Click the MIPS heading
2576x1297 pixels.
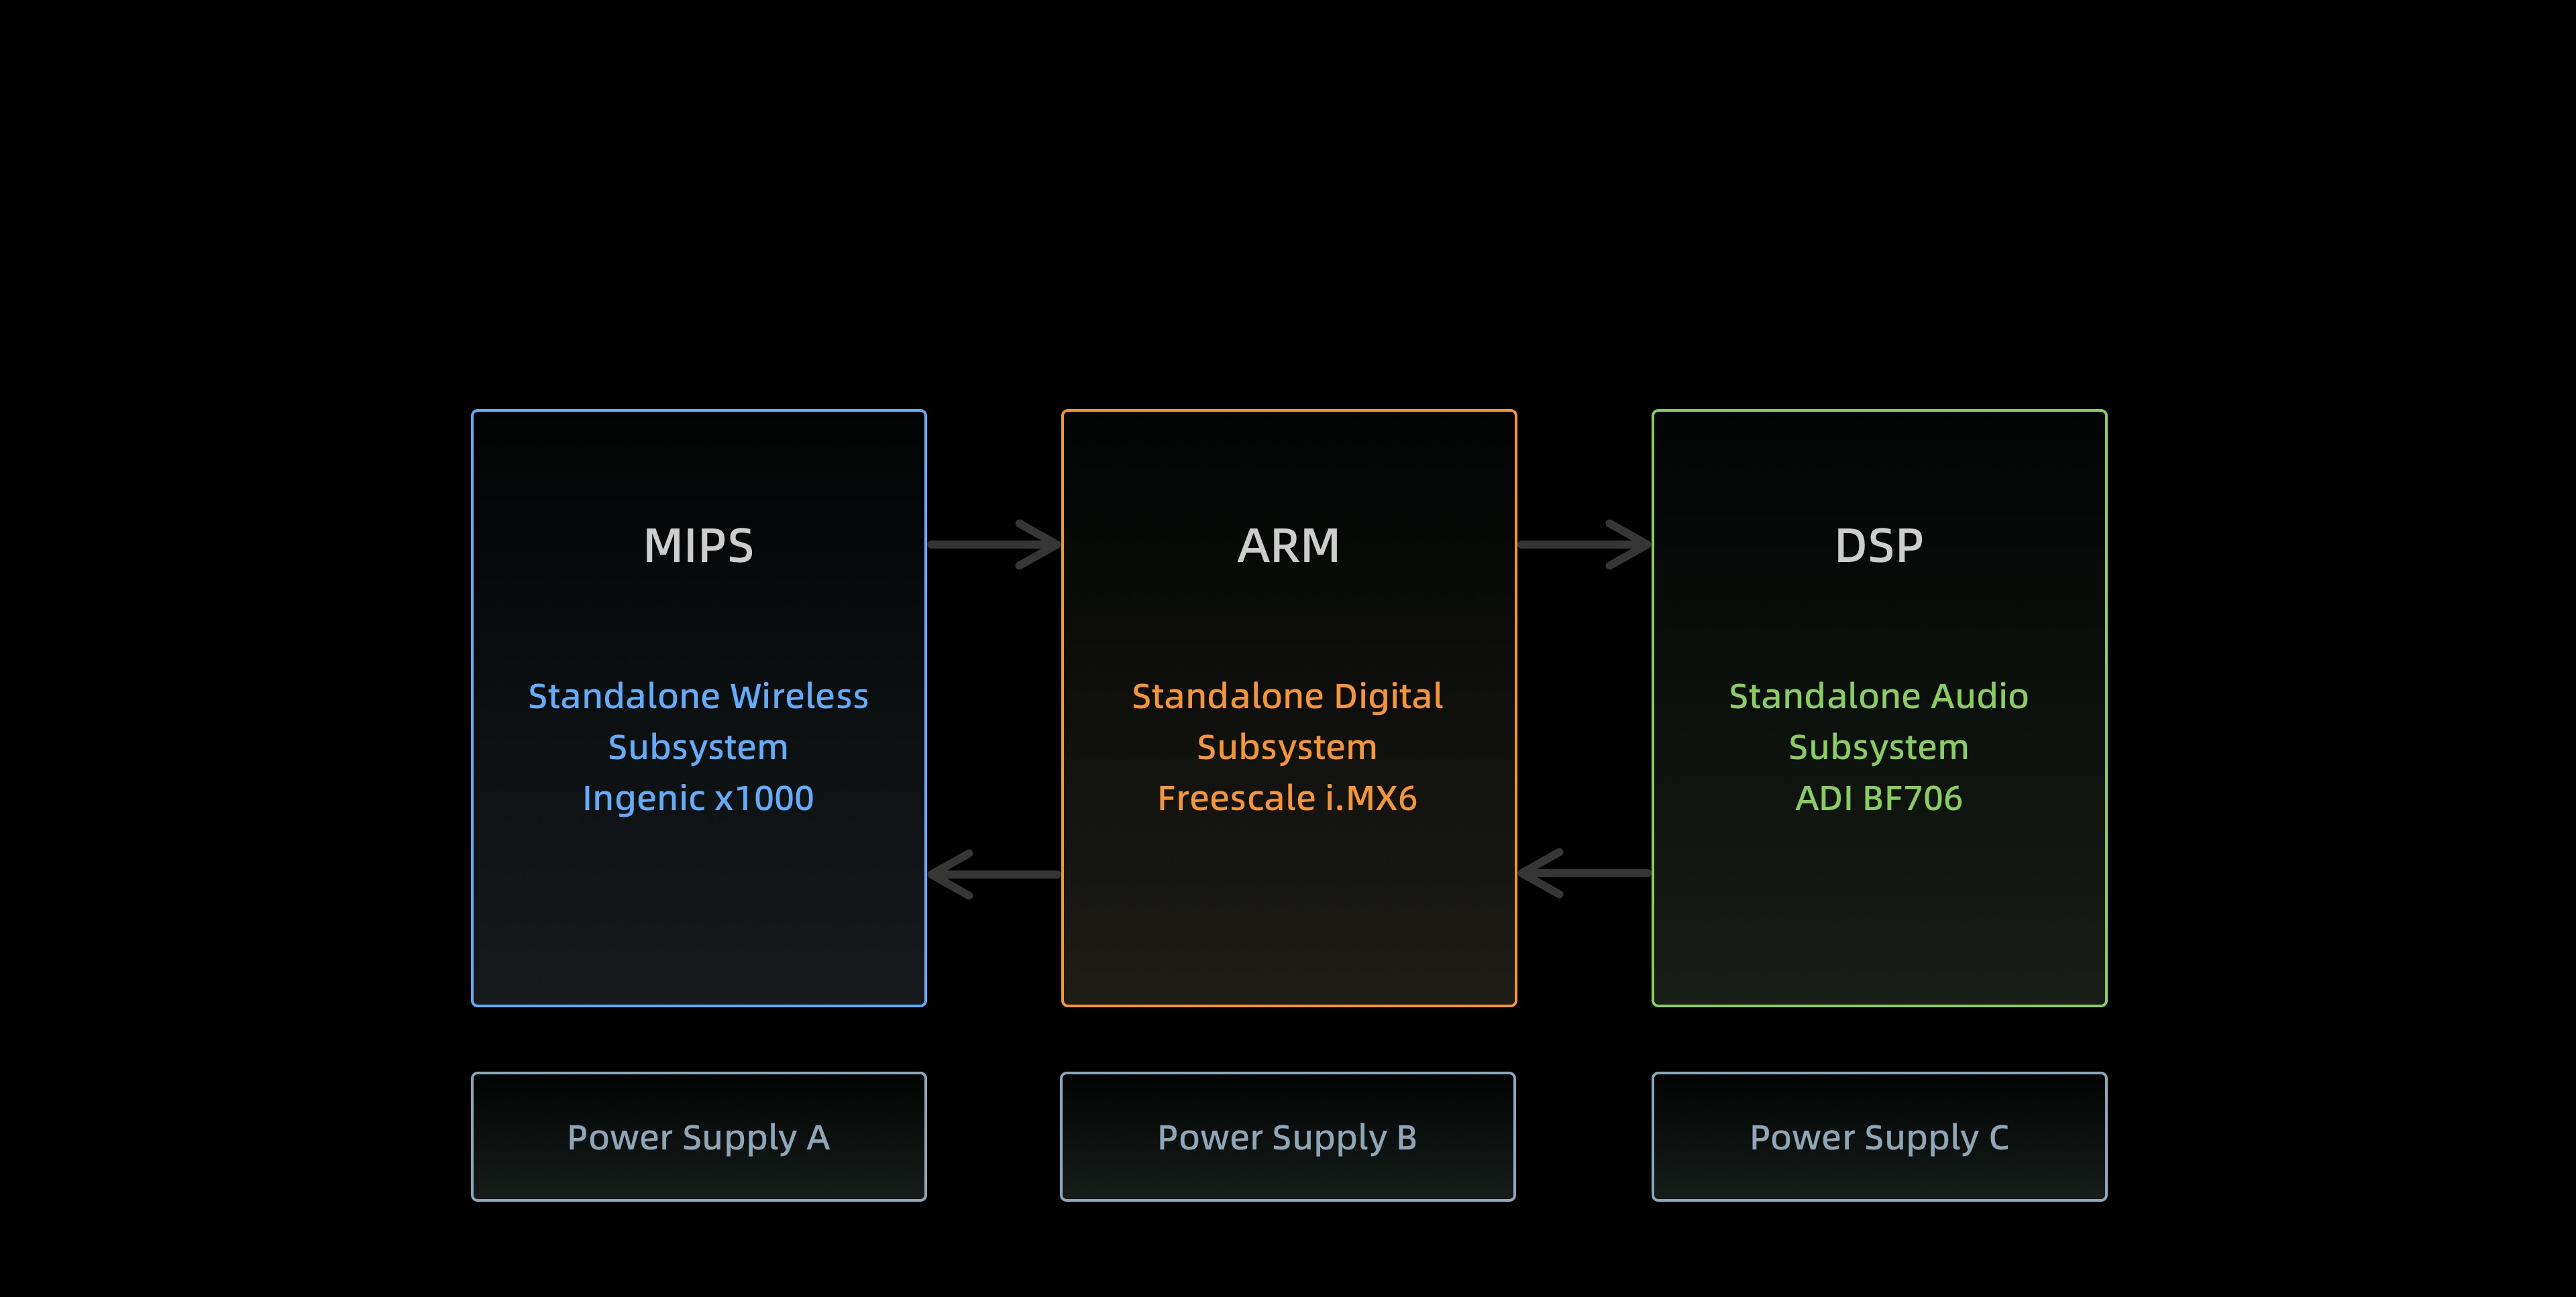(698, 546)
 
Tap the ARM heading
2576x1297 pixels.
(1288, 546)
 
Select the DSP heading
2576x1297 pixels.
(1878, 546)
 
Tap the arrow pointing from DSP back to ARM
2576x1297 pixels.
(1584, 873)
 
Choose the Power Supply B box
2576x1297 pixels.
(1288, 1137)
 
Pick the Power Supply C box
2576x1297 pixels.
(1879, 1137)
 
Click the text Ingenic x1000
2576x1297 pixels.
(698, 799)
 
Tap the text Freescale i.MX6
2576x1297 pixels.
(1287, 798)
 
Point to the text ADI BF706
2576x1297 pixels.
(1878, 798)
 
